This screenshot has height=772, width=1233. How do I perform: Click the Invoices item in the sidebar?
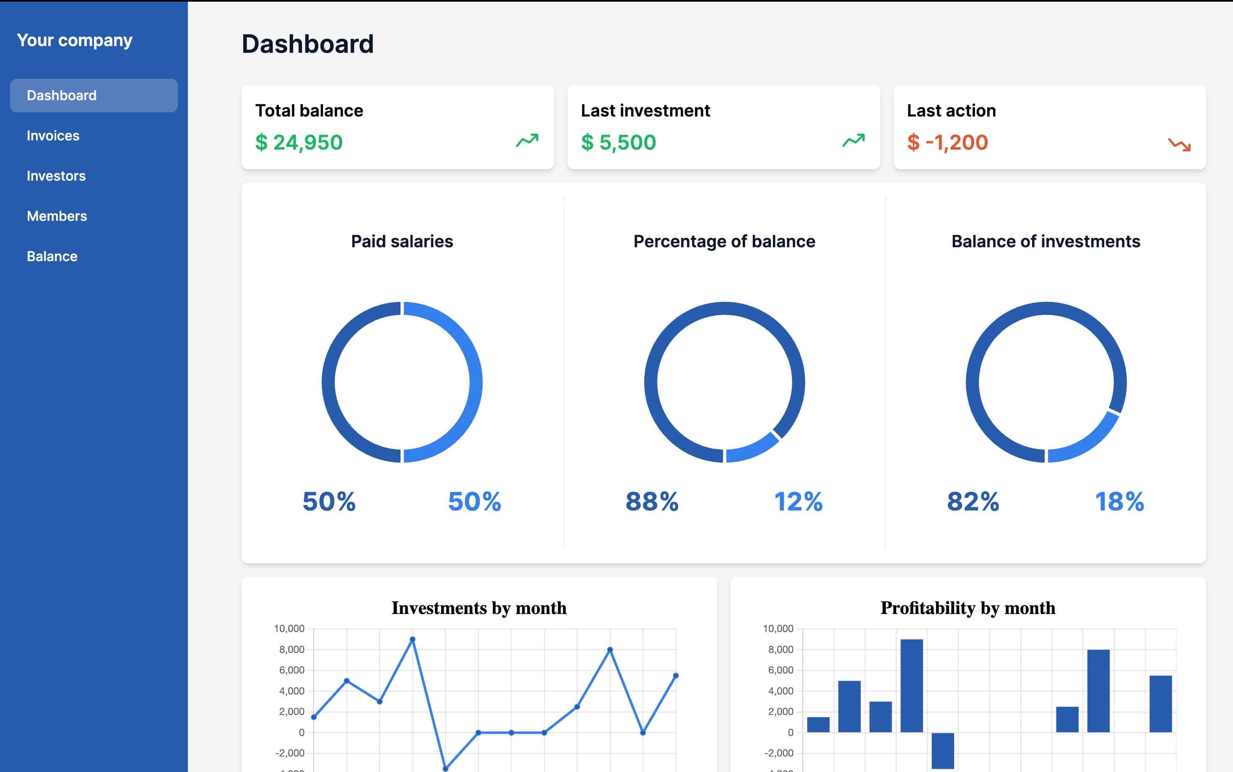pos(53,136)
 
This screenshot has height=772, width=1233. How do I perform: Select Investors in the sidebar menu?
pos(56,176)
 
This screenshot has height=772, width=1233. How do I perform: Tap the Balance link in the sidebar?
pos(52,256)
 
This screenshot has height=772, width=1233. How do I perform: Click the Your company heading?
pos(75,40)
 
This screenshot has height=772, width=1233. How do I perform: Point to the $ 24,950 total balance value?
pos(299,142)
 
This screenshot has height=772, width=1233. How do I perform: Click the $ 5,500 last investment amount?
pos(619,142)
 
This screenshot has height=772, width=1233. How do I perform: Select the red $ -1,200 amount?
pos(947,142)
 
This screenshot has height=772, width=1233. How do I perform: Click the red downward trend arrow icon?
pos(1179,145)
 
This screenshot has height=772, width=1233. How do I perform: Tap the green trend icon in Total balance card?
pos(527,140)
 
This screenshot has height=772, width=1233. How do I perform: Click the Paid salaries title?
pos(402,241)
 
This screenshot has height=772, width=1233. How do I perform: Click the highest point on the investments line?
pos(413,639)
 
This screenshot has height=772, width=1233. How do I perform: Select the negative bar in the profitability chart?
pos(942,751)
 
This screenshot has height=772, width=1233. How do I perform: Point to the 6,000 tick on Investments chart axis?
pos(291,671)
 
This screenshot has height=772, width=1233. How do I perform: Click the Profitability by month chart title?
pos(968,608)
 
